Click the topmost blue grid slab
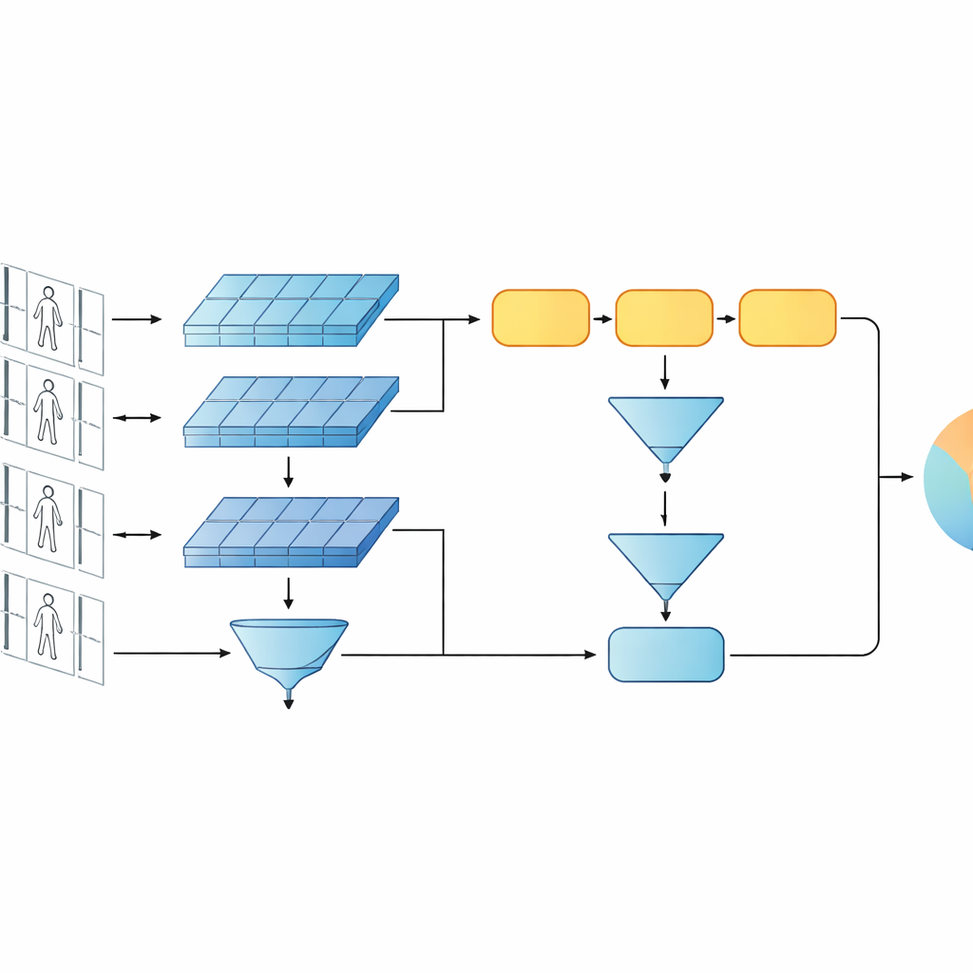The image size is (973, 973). click(x=290, y=310)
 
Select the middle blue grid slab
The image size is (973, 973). click(x=290, y=411)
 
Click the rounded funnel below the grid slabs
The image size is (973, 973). click(x=289, y=651)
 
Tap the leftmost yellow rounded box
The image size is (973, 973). click(x=541, y=318)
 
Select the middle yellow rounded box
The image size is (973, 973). click(x=664, y=318)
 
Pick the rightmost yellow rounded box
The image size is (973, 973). click(x=787, y=318)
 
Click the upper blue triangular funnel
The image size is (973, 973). click(x=665, y=426)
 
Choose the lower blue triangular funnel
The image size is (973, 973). click(x=665, y=563)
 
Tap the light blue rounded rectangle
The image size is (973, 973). click(x=665, y=655)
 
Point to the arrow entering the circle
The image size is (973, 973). click(x=895, y=477)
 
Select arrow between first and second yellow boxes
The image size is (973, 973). click(x=602, y=319)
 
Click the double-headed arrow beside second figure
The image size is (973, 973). click(x=137, y=417)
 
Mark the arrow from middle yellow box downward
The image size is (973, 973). click(x=664, y=372)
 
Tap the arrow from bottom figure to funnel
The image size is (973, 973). click(x=171, y=653)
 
